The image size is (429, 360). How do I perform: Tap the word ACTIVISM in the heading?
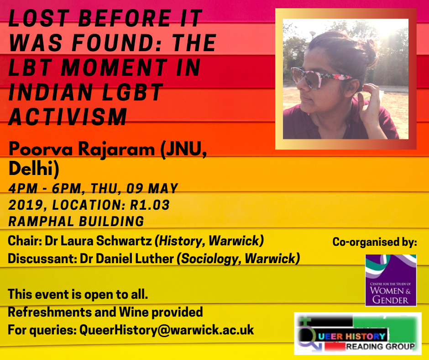coord(68,116)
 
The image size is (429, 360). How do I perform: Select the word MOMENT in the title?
coord(114,68)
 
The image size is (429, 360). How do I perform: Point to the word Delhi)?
coord(34,168)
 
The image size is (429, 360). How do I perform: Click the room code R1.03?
coord(150,205)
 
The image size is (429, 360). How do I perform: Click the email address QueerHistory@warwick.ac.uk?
coord(167,330)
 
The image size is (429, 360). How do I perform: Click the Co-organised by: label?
coord(375,242)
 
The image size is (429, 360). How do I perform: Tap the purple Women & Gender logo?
coord(391,280)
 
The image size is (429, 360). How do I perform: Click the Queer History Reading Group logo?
coord(358,334)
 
